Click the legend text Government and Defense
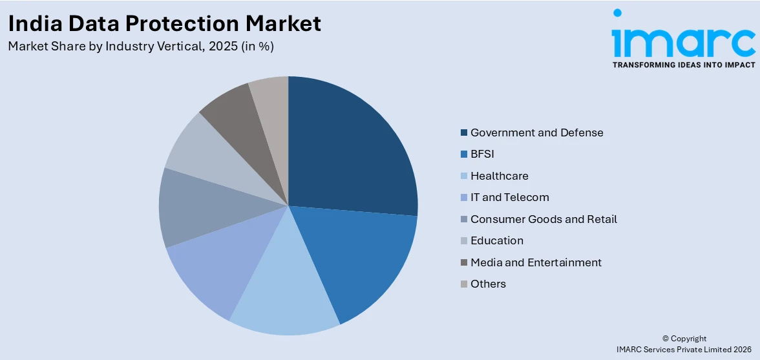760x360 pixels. (x=536, y=132)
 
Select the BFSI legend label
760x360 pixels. (x=482, y=154)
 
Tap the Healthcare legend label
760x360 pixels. (x=499, y=176)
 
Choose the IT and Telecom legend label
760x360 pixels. (x=509, y=197)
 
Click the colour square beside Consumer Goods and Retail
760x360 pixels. (x=463, y=219)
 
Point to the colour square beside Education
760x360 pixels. (x=463, y=240)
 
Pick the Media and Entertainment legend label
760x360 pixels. (x=536, y=262)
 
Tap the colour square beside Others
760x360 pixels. (x=463, y=284)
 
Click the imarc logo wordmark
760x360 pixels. (x=683, y=40)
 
